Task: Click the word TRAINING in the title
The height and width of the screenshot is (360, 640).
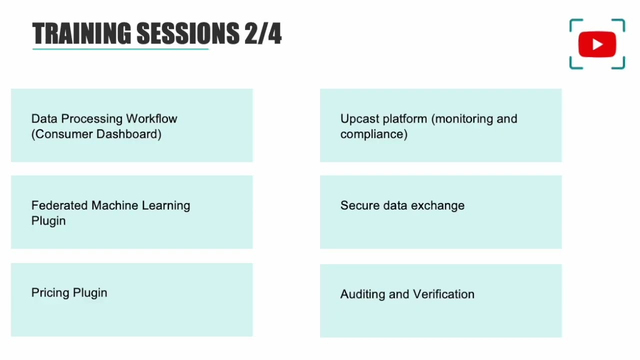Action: coord(81,34)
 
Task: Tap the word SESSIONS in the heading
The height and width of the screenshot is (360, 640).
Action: coord(187,34)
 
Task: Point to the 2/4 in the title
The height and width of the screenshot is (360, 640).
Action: coord(263,34)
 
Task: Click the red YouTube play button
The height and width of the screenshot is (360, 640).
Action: coord(597,44)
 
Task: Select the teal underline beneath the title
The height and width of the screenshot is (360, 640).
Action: coord(120,49)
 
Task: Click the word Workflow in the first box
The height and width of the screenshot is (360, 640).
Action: coord(151,119)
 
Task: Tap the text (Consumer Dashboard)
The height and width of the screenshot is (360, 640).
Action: coord(96,134)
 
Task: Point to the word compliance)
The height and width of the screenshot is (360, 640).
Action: coord(373,134)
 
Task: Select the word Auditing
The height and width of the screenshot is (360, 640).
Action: coord(362,294)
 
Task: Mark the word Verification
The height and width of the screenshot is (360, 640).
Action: coord(443,294)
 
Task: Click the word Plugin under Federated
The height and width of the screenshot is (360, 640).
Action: coord(48,221)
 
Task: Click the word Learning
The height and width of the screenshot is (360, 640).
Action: coord(166,205)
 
